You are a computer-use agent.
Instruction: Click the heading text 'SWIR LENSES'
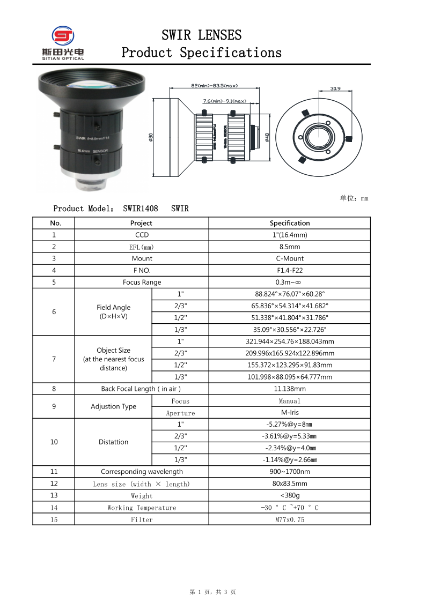coord(201,35)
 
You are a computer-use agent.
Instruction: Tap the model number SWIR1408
coord(141,209)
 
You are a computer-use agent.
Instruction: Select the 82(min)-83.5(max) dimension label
coord(214,86)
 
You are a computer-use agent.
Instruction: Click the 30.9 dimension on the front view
coord(335,88)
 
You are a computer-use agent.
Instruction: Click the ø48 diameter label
coord(267,138)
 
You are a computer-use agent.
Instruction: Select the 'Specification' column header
coord(290,223)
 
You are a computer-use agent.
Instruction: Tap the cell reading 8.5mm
coord(290,247)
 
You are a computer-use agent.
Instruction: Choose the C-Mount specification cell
coord(290,258)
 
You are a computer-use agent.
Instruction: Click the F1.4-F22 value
coord(290,270)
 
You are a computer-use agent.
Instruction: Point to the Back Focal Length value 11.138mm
coord(290,389)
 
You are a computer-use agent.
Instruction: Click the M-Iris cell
coord(290,413)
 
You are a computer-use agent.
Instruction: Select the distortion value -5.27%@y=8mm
coord(290,425)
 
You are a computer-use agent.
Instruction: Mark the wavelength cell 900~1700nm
coord(290,472)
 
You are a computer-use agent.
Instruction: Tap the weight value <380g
coord(290,495)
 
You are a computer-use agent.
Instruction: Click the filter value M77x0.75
coord(290,519)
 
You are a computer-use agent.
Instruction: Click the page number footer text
coord(213,592)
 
